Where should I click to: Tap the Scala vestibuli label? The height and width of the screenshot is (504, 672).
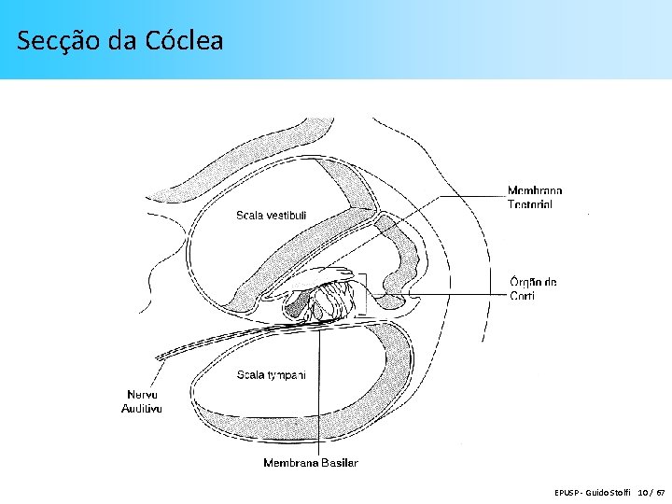272,217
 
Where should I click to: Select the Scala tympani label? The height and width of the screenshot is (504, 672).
271,375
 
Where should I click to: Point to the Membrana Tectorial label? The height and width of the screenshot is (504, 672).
535,198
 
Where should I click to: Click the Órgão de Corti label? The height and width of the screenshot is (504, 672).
533,288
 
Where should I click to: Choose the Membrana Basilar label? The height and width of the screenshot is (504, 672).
310,462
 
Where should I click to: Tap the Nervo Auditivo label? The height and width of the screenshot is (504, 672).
142,401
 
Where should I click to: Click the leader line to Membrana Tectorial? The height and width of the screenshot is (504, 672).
448,197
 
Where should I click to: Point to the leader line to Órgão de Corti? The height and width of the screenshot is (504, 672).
448,294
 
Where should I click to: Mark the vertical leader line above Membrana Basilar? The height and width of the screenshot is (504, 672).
319,392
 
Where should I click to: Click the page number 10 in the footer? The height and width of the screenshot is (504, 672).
644,491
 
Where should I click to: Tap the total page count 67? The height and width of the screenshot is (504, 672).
661,491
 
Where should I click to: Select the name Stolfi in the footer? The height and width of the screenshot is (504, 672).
619,491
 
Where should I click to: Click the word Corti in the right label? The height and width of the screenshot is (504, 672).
522,296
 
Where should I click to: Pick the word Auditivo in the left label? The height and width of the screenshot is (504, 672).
142,408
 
